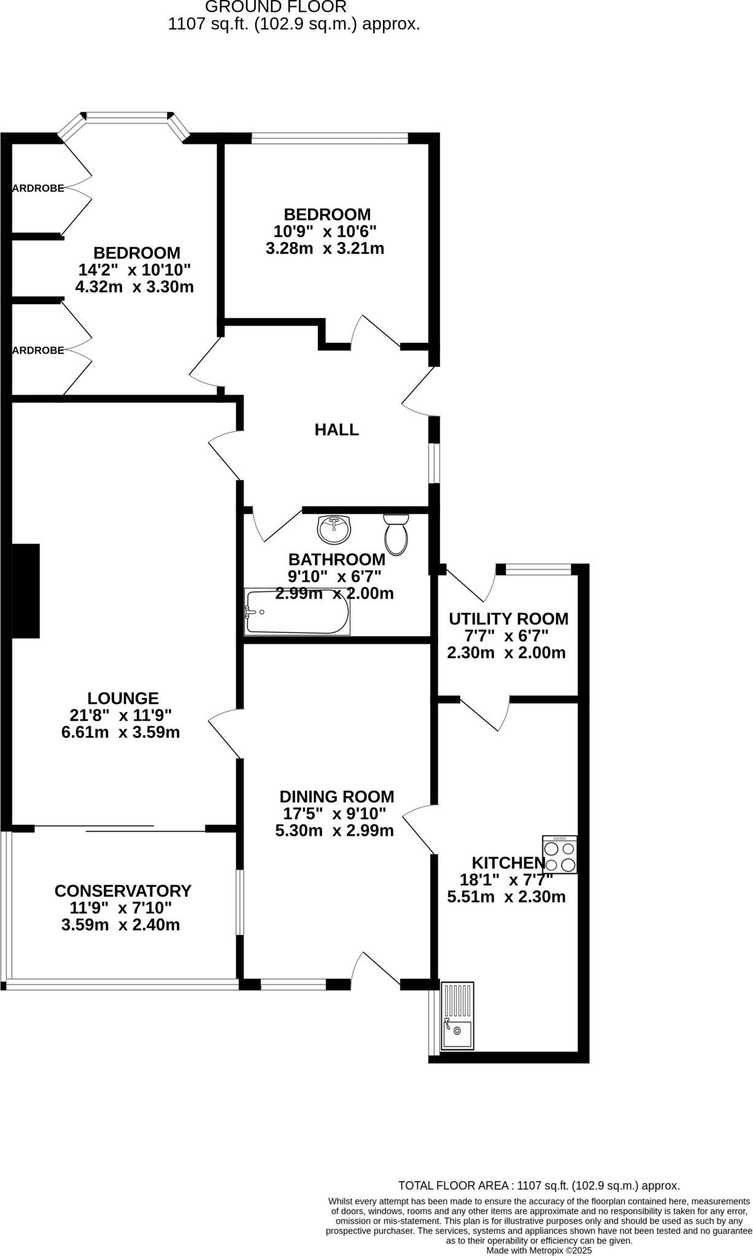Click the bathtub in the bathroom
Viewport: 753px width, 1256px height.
297,612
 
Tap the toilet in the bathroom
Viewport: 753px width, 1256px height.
396,534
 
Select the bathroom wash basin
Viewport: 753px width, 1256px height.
334,529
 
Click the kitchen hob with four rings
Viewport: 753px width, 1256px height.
560,854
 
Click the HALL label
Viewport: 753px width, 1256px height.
336,430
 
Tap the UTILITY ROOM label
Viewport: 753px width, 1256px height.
508,619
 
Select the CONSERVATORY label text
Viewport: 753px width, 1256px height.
123,890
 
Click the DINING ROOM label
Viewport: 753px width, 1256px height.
336,797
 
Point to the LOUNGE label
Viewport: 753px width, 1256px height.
123,698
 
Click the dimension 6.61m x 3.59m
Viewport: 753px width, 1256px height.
121,732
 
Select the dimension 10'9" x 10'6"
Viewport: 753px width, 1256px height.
325,232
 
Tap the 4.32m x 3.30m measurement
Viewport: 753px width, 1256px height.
134,286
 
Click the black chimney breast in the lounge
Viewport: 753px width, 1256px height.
26,591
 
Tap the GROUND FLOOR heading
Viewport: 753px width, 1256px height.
276,7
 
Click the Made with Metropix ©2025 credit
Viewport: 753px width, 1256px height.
539,1250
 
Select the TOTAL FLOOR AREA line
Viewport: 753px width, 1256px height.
539,1185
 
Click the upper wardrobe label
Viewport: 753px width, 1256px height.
38,188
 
